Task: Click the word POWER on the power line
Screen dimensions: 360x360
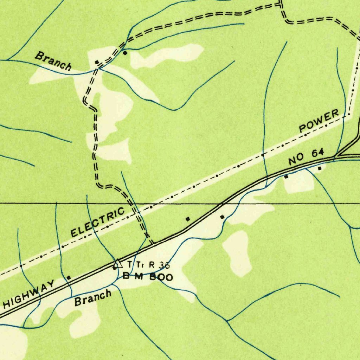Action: tap(319, 121)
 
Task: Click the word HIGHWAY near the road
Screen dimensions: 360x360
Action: tap(30, 292)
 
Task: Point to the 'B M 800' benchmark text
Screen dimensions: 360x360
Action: tap(148, 277)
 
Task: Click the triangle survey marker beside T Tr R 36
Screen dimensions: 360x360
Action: tap(117, 263)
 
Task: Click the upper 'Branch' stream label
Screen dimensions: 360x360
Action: tap(54, 60)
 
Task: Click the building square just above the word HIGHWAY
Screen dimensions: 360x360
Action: tap(69, 278)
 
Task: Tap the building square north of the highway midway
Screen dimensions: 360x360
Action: tap(188, 219)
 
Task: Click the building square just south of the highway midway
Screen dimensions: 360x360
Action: tap(222, 217)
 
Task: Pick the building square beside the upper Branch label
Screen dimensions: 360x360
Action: tap(97, 62)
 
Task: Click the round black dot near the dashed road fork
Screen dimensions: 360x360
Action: tap(125, 53)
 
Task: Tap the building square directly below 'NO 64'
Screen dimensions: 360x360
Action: tap(286, 177)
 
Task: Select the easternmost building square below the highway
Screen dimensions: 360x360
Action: tap(320, 169)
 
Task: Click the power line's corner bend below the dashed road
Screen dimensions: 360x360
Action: tap(349, 114)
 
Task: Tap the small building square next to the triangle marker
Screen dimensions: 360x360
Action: tap(114, 269)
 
